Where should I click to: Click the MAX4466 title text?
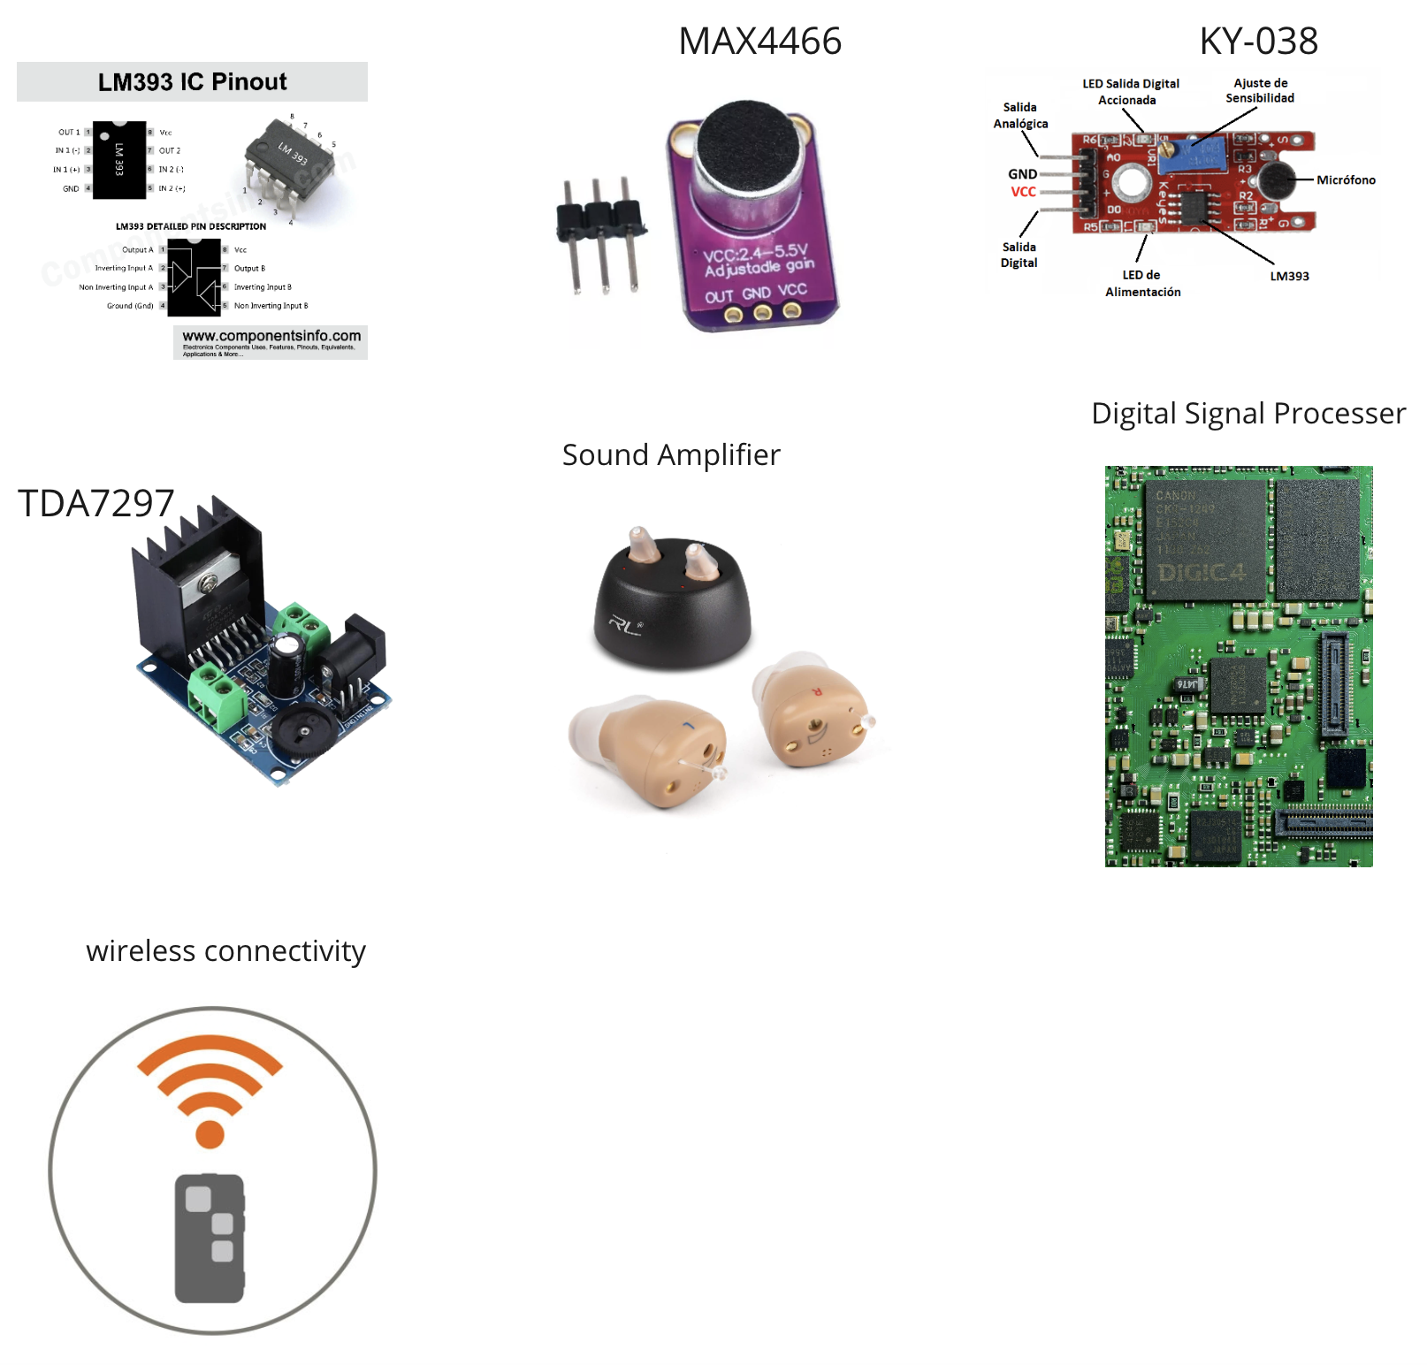[x=759, y=42]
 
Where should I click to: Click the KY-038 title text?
[x=1258, y=42]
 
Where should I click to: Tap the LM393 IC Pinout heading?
[x=192, y=82]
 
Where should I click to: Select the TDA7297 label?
[x=96, y=503]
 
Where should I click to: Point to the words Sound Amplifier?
[x=671, y=455]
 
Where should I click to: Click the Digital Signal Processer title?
[x=1248, y=414]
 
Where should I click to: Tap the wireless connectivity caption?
[x=225, y=951]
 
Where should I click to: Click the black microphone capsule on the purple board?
[x=749, y=147]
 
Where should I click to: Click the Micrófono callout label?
[x=1346, y=180]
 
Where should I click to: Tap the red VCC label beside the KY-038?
[x=1023, y=192]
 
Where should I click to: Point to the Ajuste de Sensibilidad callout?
[x=1260, y=90]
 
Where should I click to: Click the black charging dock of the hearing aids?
[x=671, y=610]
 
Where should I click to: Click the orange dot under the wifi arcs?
[x=210, y=1133]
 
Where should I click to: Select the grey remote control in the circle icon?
[x=210, y=1238]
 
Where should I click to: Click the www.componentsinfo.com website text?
[x=271, y=336]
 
